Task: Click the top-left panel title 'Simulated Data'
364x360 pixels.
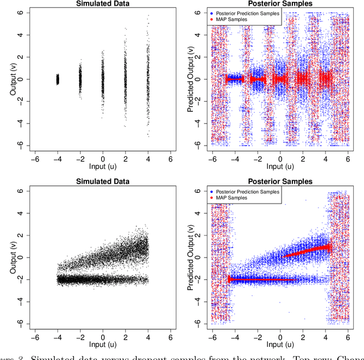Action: (103, 3)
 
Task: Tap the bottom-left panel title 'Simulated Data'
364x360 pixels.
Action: (103, 181)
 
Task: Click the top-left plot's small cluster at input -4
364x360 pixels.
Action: (57, 79)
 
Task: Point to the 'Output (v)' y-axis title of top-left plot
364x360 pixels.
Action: (12, 79)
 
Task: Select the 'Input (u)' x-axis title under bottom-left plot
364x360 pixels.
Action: (103, 345)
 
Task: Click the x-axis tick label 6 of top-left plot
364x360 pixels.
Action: (171, 160)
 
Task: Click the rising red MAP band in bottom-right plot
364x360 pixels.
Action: (307, 250)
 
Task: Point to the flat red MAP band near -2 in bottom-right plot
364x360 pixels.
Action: (262, 280)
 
